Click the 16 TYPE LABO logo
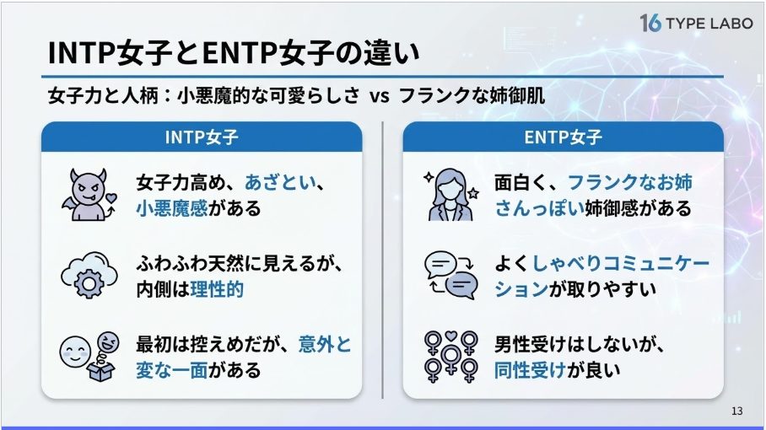696,23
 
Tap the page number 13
736,411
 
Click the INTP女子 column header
202,137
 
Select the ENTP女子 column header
563,137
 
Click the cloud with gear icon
89,275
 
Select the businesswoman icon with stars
451,195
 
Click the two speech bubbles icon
450,275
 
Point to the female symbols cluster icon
450,357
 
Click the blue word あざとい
280,183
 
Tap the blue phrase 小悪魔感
172,208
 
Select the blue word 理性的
217,289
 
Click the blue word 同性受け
530,370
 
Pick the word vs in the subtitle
380,95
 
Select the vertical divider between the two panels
382,261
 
